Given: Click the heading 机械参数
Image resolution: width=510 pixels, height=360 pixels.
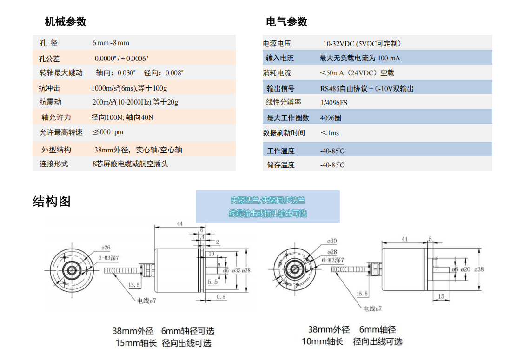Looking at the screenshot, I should tap(66, 21).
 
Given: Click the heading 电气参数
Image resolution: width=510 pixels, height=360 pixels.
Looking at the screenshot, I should tap(286, 21).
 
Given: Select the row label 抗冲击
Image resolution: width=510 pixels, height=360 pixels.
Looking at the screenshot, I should tap(49, 88).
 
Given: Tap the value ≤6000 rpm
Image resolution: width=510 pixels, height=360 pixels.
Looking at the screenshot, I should tap(107, 132).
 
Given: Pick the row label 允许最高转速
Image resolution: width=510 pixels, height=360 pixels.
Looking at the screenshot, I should tap(61, 132).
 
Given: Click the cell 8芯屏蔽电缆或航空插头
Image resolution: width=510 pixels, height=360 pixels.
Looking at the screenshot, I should tap(130, 164).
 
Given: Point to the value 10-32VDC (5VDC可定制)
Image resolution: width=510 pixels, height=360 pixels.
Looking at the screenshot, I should tap(362, 44).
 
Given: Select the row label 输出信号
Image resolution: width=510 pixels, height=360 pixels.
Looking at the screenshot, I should tap(280, 88).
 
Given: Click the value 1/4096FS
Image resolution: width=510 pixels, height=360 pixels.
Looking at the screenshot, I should tap(334, 103).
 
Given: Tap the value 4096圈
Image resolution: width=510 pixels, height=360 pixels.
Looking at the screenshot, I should tap(331, 118).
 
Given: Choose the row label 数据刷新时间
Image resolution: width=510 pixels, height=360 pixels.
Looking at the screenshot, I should tap(284, 133).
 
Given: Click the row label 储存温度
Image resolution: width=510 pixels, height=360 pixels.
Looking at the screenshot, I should tap(280, 165).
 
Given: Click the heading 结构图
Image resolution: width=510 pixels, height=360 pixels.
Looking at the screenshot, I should tap(52, 201).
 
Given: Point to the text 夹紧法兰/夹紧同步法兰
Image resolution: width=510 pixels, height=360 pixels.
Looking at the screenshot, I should tap(268, 201).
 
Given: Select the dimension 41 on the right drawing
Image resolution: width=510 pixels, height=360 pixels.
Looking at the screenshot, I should tap(404, 239).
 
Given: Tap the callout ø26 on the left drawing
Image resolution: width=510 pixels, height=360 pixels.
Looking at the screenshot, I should tap(106, 248).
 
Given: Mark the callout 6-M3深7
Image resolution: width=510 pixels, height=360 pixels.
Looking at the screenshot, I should tap(333, 260).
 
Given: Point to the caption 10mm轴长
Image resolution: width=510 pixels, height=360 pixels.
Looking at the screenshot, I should tap(322, 342).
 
